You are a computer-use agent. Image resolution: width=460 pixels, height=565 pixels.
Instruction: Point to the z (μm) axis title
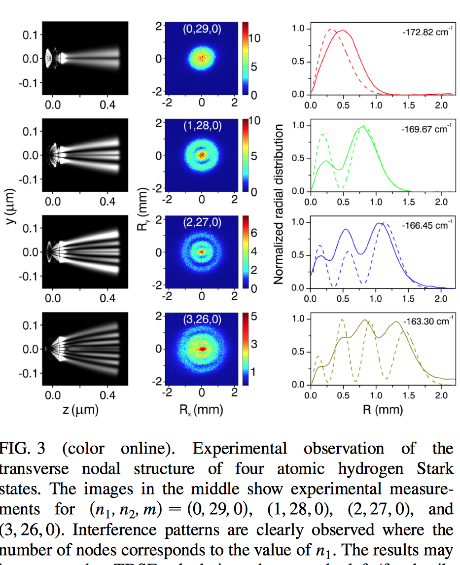85,410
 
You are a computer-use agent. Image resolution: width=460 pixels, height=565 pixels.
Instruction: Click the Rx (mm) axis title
202,410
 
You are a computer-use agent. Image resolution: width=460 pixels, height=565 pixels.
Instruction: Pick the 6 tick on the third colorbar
254,233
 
